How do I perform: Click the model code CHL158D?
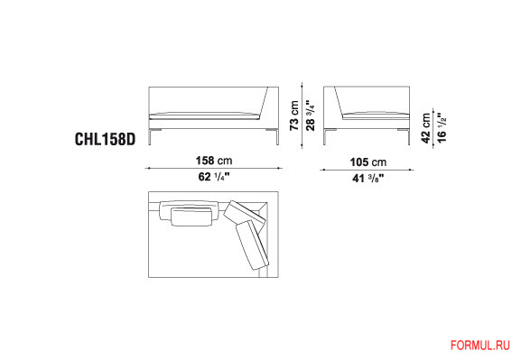106,139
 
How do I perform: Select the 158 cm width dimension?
214,161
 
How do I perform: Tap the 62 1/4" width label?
214,177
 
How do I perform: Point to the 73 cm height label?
294,115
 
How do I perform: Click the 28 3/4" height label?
310,115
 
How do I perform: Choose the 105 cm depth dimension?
368,162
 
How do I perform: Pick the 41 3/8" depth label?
368,179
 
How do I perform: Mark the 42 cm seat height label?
426,128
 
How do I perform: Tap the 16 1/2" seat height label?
442,128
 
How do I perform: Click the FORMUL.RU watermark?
480,346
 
